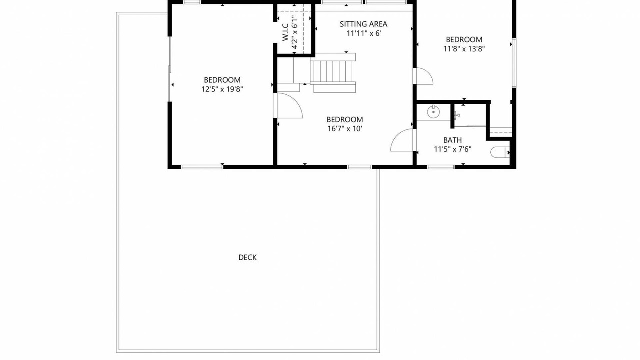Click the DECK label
[x=247, y=257]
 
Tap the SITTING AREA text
[x=363, y=24]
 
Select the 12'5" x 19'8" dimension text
[x=222, y=89]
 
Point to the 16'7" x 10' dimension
[x=345, y=129]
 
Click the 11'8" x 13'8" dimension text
[x=464, y=49]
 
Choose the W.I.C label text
[x=285, y=32]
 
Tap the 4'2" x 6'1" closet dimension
[x=295, y=32]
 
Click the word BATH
[x=452, y=140]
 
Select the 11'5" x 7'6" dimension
[x=452, y=149]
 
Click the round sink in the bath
[x=433, y=112]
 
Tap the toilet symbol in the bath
[x=500, y=152]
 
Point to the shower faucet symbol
[x=457, y=115]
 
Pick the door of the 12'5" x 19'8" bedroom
[x=288, y=105]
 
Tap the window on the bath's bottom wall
[x=441, y=167]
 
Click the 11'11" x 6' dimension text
[x=364, y=33]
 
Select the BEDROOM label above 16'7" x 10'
[x=345, y=119]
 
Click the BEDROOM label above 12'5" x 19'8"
[x=222, y=80]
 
